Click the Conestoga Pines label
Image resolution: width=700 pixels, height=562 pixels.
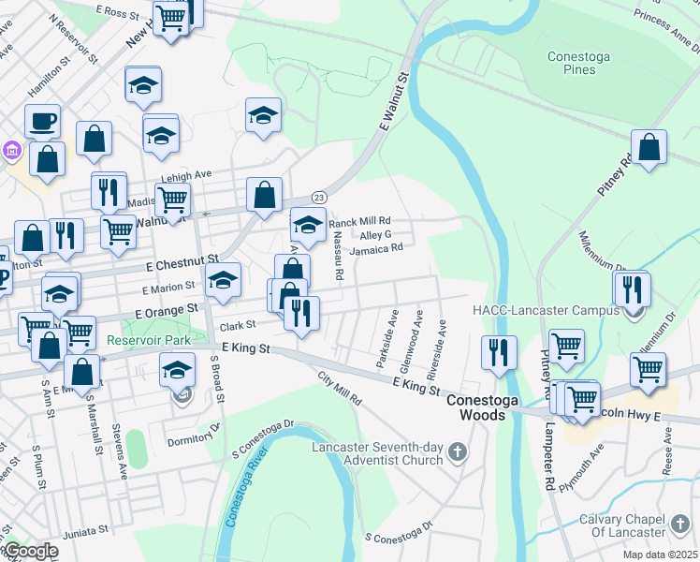pyautogui.click(x=578, y=63)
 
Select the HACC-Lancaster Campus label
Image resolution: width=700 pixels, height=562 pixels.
pyautogui.click(x=545, y=310)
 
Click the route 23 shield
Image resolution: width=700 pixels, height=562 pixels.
pyautogui.click(x=319, y=197)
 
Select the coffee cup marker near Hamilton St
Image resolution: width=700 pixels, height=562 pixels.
pyautogui.click(x=41, y=120)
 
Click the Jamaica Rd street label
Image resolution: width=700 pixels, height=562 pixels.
pyautogui.click(x=376, y=248)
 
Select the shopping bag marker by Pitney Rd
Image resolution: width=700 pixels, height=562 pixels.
pyautogui.click(x=649, y=148)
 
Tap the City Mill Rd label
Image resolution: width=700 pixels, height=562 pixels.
pyautogui.click(x=340, y=387)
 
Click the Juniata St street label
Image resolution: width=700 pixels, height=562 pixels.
pyautogui.click(x=84, y=531)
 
